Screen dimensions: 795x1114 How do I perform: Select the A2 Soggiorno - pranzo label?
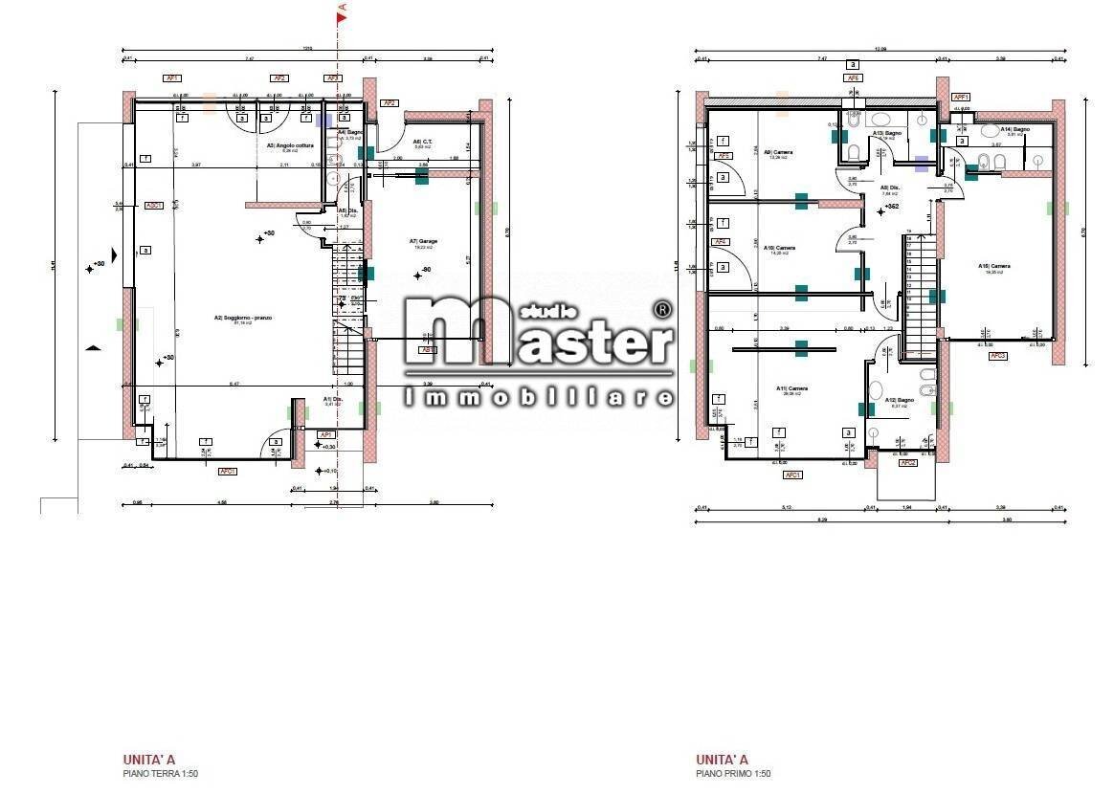(243, 318)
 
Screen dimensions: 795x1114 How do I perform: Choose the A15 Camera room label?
(994, 266)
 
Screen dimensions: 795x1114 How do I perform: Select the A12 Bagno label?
(899, 400)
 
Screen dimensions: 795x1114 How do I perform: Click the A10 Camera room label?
(779, 248)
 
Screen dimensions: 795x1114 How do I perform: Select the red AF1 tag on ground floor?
(173, 78)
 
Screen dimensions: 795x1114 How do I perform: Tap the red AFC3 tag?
(998, 355)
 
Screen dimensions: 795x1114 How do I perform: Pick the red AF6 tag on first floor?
(852, 78)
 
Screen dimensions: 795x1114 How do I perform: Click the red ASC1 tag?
(153, 205)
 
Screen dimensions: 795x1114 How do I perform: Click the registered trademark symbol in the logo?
(661, 309)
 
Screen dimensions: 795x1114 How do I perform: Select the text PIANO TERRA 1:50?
(160, 774)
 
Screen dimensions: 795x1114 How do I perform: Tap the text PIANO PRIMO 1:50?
(733, 774)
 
